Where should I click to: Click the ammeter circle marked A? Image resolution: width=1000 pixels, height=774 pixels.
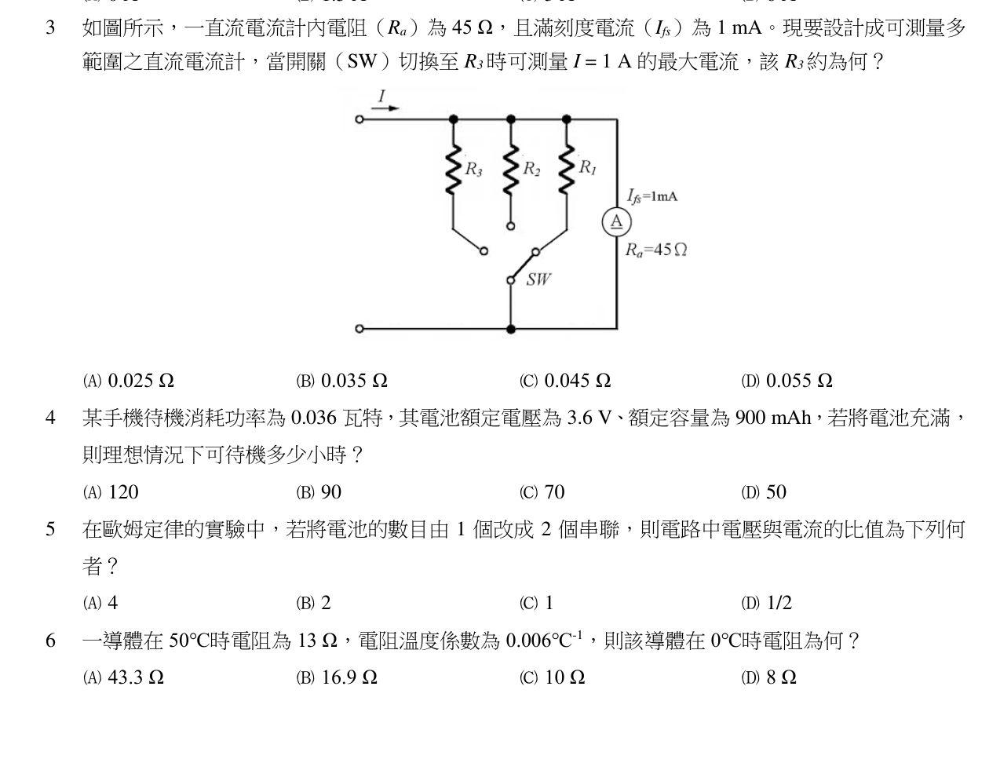click(616, 222)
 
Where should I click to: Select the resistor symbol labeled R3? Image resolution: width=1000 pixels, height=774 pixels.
click(453, 170)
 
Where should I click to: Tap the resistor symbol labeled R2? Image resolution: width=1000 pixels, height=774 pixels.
click(511, 170)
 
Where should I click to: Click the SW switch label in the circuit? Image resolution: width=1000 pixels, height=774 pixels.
click(538, 279)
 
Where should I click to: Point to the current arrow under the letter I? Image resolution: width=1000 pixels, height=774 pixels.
click(385, 108)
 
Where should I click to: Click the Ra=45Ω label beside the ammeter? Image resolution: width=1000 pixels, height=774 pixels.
click(655, 250)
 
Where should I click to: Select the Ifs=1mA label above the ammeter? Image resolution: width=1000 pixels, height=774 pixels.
click(652, 196)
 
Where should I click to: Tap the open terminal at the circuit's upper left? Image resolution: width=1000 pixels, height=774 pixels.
click(359, 119)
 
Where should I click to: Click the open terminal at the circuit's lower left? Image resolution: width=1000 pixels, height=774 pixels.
click(359, 329)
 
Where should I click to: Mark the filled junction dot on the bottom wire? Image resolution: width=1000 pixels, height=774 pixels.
click(511, 329)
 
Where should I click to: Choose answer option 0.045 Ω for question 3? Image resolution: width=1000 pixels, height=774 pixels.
click(564, 381)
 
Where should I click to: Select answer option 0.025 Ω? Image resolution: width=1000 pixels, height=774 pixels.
click(129, 381)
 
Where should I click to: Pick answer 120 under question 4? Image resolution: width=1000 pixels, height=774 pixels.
click(111, 492)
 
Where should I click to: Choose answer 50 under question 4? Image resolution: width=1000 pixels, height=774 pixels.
click(764, 492)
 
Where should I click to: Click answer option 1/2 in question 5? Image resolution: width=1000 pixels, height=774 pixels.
click(766, 602)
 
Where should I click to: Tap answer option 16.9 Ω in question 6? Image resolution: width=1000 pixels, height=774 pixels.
click(337, 677)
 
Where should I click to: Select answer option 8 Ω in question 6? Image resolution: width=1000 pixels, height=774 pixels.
click(768, 677)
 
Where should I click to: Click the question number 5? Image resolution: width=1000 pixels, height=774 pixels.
click(50, 529)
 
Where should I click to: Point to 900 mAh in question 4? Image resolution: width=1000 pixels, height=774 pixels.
click(772, 418)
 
